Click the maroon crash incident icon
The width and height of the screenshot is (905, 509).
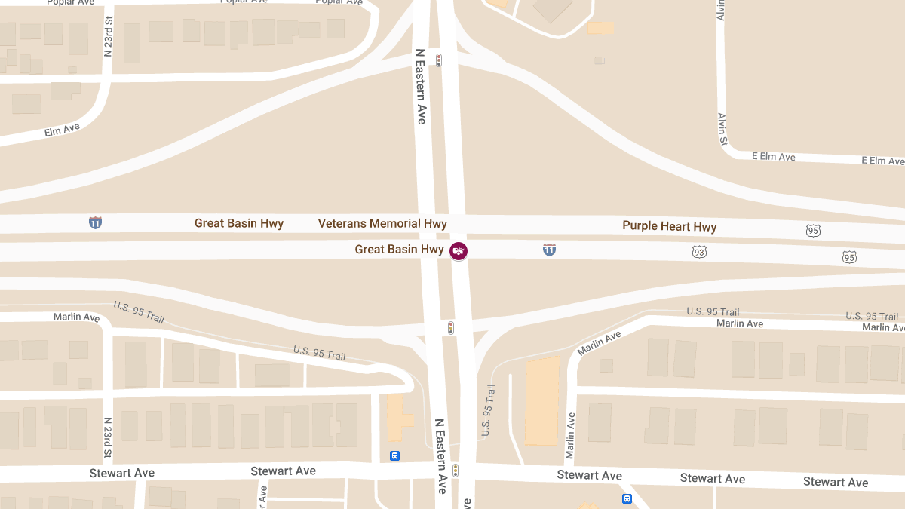tap(459, 250)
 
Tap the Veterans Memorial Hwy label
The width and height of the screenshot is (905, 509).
tap(382, 224)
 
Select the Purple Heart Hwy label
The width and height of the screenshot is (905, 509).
tap(669, 226)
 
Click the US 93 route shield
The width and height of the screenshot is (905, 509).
tap(699, 251)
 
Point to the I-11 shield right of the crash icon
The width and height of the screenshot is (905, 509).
tap(550, 250)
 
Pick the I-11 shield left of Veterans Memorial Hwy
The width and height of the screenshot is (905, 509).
tap(95, 222)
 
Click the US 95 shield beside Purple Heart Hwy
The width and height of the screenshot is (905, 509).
tap(812, 230)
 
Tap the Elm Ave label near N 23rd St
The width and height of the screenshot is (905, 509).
tap(62, 130)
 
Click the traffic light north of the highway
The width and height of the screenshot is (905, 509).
tap(438, 60)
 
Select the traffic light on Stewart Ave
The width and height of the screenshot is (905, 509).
tap(456, 471)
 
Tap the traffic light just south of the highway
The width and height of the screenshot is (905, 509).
tap(451, 328)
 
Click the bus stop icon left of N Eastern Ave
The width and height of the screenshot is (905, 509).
tap(394, 455)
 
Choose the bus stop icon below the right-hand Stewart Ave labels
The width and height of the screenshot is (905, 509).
tap(627, 498)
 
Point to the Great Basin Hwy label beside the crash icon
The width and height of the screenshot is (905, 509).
tap(399, 250)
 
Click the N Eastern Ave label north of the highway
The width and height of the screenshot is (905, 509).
tap(421, 87)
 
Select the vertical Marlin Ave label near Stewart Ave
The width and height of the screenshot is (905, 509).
tap(571, 436)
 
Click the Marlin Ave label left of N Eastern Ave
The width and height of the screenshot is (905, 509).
tap(76, 317)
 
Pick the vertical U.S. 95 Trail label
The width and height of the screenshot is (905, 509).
tap(488, 410)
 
